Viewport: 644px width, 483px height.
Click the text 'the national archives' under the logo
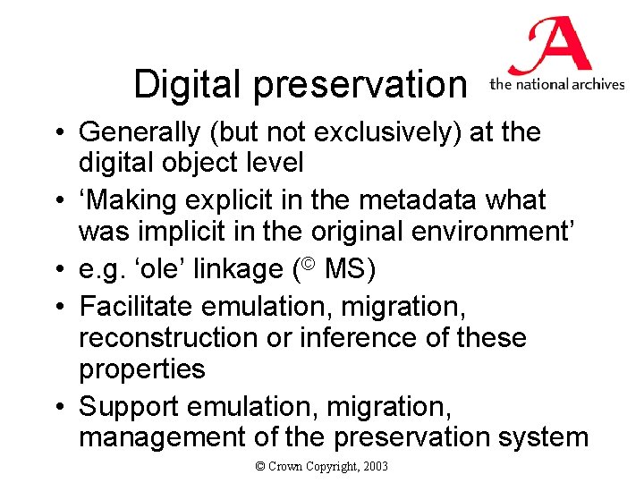coord(556,85)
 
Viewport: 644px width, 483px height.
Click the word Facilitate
coord(137,306)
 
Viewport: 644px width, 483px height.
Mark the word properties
coord(142,369)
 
